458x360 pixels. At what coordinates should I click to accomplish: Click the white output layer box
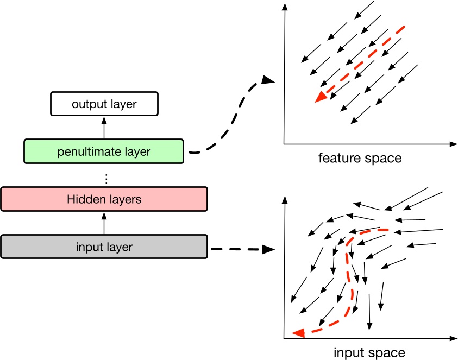(x=104, y=104)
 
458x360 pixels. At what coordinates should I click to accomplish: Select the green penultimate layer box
(x=104, y=151)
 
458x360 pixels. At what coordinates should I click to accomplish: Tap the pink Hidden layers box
(x=104, y=199)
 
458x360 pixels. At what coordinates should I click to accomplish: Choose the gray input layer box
(x=104, y=247)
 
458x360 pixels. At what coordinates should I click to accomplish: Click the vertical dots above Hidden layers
(x=106, y=178)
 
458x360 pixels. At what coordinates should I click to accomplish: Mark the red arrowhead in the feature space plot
(x=321, y=96)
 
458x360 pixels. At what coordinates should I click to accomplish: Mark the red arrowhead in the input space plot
(x=297, y=332)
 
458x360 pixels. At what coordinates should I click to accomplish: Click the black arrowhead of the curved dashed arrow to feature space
(x=267, y=80)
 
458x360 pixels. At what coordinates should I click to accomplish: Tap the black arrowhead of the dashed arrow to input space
(x=267, y=249)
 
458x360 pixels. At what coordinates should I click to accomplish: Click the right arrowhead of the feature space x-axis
(x=452, y=144)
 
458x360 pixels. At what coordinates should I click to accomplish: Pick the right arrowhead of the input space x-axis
(x=452, y=338)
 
